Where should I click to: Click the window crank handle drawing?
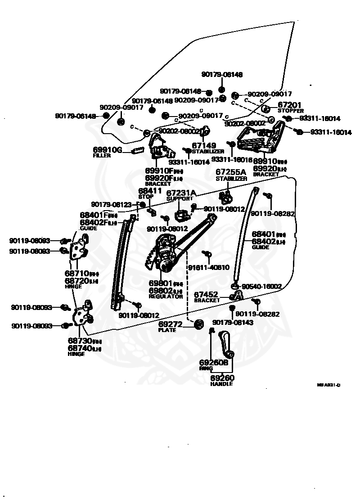(226, 344)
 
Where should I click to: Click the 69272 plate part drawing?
(198, 323)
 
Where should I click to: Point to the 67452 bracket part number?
(206, 295)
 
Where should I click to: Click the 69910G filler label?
(108, 149)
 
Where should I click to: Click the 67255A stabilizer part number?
(231, 172)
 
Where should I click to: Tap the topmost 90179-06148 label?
(221, 75)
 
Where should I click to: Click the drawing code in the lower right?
(328, 385)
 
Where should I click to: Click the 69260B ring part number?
(214, 362)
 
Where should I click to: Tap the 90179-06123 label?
(111, 204)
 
